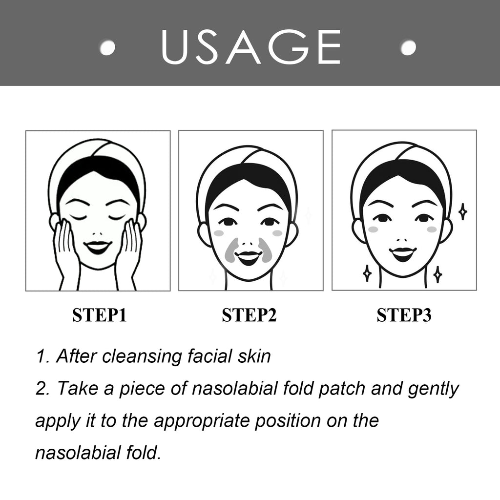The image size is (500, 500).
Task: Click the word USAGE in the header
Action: pyautogui.click(x=251, y=47)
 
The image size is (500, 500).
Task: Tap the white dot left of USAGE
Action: pyautogui.click(x=107, y=47)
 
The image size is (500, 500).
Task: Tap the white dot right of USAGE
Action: pyautogui.click(x=408, y=47)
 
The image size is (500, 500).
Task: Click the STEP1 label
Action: pyautogui.click(x=100, y=315)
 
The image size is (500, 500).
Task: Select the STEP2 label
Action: pyautogui.click(x=249, y=315)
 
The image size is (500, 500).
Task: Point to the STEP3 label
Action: pyautogui.click(x=404, y=315)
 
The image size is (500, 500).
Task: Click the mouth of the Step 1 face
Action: pyautogui.click(x=98, y=247)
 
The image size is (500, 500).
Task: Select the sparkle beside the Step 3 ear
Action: pyautogui.click(x=463, y=211)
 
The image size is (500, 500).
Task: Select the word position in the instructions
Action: pyautogui.click(x=288, y=421)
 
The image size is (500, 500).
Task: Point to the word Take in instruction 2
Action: pyautogui.click(x=78, y=388)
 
